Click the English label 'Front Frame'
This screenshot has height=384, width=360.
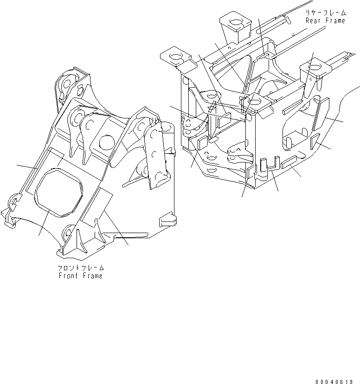(x=80, y=276)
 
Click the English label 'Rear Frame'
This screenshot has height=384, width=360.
(x=325, y=21)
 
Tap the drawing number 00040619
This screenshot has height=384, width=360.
(x=336, y=382)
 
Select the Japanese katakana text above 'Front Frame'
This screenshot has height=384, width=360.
(x=81, y=268)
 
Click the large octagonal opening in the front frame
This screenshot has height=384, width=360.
(x=59, y=191)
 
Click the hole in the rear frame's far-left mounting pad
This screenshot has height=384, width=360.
(x=176, y=58)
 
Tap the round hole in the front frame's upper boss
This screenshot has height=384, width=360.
(x=106, y=141)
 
